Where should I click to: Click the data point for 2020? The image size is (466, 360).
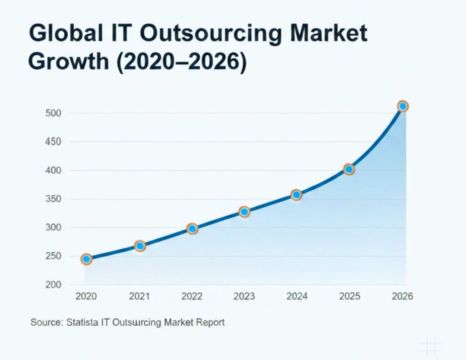[x=86, y=259]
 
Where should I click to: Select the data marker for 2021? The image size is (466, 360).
[x=140, y=246]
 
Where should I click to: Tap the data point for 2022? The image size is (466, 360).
[x=192, y=228]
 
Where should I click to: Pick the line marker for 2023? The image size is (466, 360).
[x=244, y=212]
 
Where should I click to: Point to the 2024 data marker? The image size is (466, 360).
[x=296, y=195]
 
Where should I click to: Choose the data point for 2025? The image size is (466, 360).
[x=349, y=169]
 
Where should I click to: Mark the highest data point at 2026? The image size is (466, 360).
[x=403, y=106]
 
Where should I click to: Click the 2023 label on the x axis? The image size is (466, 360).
[x=244, y=297]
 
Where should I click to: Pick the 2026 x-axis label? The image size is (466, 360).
[x=402, y=297]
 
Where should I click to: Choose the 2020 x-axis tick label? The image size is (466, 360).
[x=86, y=297]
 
